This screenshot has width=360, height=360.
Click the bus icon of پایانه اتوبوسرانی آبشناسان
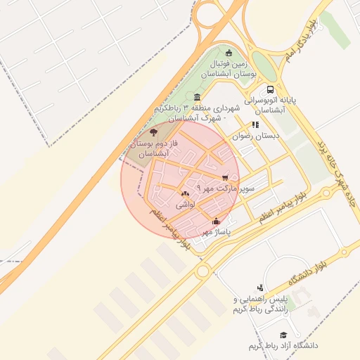[x=270, y=89]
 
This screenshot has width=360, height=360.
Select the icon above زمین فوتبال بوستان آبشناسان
[x=228, y=53]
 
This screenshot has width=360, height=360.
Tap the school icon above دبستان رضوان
[x=255, y=124]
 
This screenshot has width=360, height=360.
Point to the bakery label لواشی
[x=185, y=204]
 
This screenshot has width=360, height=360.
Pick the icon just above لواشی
[x=185, y=193]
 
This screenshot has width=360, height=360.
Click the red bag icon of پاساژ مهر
[x=215, y=221]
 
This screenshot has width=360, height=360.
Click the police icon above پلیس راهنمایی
[x=260, y=287]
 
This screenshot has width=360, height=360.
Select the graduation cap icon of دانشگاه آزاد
[x=283, y=335]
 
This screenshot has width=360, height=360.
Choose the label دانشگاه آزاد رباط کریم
[x=283, y=346]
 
